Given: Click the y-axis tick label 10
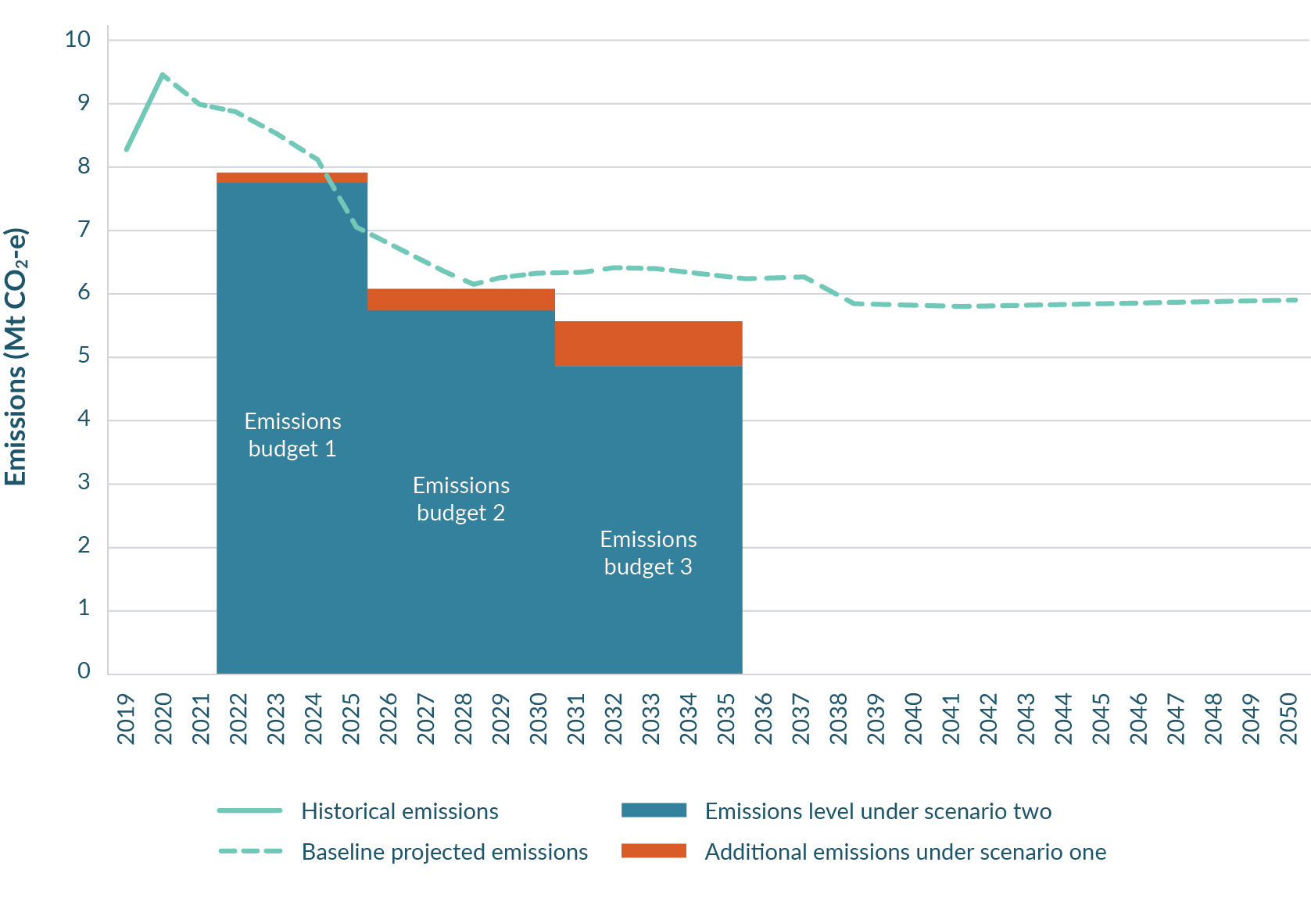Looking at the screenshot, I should click(x=78, y=40).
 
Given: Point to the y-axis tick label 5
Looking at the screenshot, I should click(x=84, y=356).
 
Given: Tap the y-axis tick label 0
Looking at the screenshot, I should click(x=84, y=671).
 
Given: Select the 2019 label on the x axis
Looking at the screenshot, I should click(x=126, y=718).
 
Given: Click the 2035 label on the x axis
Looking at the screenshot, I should click(x=726, y=718).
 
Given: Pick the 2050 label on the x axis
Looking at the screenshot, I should click(x=1288, y=718).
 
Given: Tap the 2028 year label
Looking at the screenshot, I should click(x=464, y=718).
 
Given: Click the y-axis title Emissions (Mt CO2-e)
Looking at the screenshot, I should click(x=16, y=356).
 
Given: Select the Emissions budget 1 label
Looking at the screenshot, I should click(x=292, y=435).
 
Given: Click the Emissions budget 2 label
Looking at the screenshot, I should click(x=461, y=499).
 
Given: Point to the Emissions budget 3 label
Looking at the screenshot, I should click(x=648, y=553).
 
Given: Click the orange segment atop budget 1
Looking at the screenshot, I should click(x=292, y=177).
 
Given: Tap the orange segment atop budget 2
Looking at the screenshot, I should click(x=461, y=299).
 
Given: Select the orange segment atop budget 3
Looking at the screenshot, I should click(x=648, y=343).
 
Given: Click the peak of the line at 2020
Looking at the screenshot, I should click(x=162, y=74).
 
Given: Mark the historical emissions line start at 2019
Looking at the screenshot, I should click(x=126, y=149).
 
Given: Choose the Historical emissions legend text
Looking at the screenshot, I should click(x=399, y=811).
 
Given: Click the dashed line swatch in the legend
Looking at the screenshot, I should click(x=250, y=851).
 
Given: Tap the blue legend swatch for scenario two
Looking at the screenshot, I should click(x=654, y=810).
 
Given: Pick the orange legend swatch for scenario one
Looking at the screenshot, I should click(x=654, y=851).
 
